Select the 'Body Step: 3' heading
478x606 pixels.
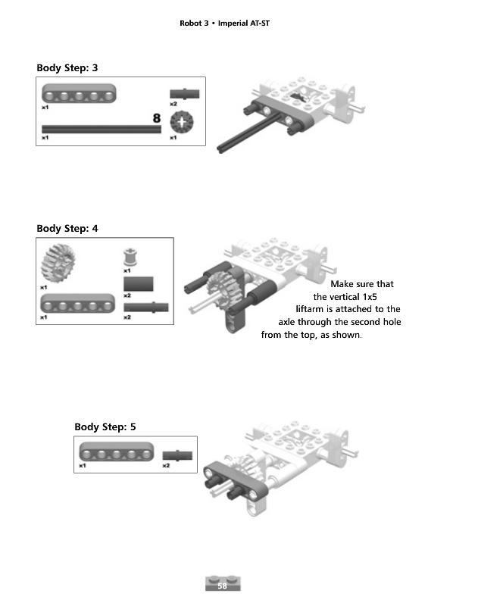(x=67, y=68)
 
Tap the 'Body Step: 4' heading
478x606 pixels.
(x=67, y=228)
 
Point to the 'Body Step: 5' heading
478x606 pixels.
(x=105, y=427)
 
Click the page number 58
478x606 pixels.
(x=222, y=586)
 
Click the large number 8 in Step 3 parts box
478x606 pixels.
(x=157, y=117)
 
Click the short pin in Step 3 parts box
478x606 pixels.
(x=185, y=93)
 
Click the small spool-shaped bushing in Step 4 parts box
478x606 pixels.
(x=128, y=256)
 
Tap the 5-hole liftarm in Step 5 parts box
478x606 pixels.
(x=111, y=452)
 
